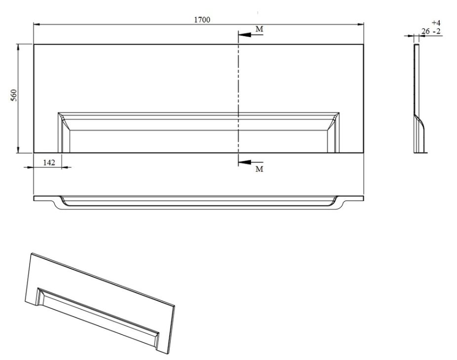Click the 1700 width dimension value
(202, 20)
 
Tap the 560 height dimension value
(14, 95)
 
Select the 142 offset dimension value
(49, 162)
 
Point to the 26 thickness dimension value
(425, 31)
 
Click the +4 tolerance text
(436, 23)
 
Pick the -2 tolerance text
(437, 31)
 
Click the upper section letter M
(260, 29)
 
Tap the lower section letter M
(260, 169)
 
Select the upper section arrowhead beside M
(244, 35)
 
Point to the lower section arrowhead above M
(244, 162)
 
